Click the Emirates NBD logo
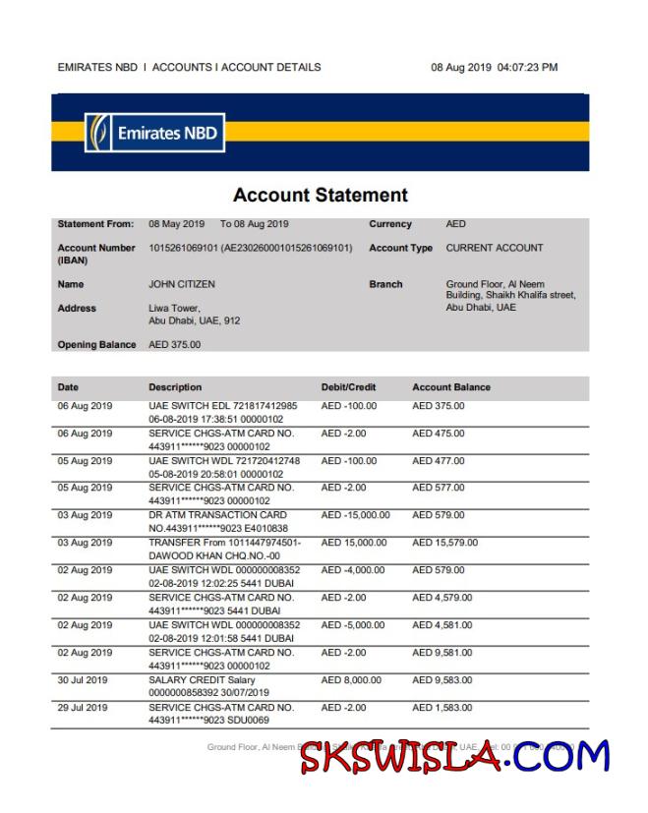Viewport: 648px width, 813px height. pos(155,133)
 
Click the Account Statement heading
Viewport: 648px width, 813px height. pos(320,195)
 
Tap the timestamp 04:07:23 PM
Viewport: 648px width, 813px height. pos(527,68)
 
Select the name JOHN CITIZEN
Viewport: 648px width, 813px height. pos(181,284)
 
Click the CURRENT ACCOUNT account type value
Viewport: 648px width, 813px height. pos(494,248)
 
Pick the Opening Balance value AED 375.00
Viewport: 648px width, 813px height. pos(174,345)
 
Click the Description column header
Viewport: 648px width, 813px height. pos(175,387)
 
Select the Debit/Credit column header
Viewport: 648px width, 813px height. pos(348,387)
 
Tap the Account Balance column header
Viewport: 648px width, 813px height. pos(450,387)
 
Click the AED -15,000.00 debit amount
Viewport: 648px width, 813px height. pos(355,515)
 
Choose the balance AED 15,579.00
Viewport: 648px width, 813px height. pos(444,543)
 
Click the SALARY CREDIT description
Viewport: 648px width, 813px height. pos(202,680)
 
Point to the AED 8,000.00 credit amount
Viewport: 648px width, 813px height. pos(351,680)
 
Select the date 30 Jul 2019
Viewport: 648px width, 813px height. pos(83,680)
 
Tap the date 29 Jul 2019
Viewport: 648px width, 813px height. pos(83,708)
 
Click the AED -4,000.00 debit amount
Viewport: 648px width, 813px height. pos(352,570)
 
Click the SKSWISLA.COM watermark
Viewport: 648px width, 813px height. pos(454,758)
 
